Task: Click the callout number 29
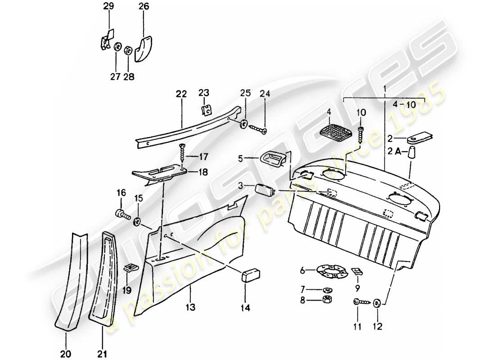[108, 6]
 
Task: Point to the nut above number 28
[128, 49]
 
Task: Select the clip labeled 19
[130, 268]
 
